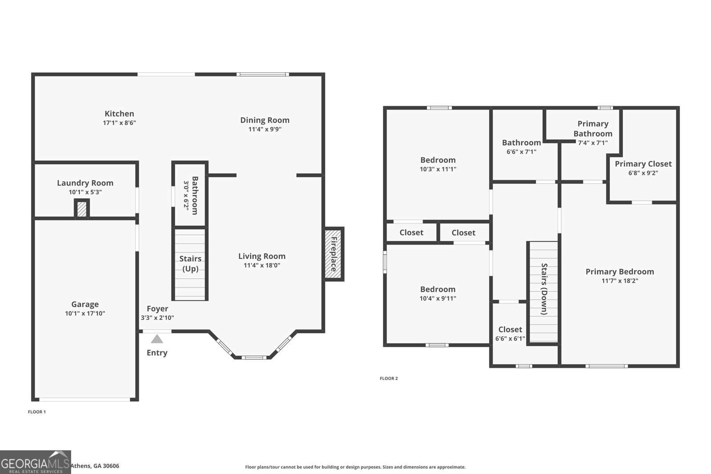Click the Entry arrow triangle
pyautogui.click(x=157, y=339)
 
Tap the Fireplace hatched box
pyautogui.click(x=334, y=254)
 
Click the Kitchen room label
pyautogui.click(x=120, y=114)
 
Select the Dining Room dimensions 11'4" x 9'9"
pyautogui.click(x=265, y=129)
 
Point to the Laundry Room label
pyautogui.click(x=85, y=183)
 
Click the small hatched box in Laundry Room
pyautogui.click(x=82, y=208)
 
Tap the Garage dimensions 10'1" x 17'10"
pyautogui.click(x=85, y=314)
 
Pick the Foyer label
pyautogui.click(x=157, y=309)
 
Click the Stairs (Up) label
pyautogui.click(x=190, y=263)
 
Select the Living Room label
pyautogui.click(x=262, y=256)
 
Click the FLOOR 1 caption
pyautogui.click(x=37, y=412)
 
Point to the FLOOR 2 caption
pyautogui.click(x=389, y=378)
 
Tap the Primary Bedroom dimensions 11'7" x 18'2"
pyautogui.click(x=620, y=281)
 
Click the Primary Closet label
pyautogui.click(x=643, y=164)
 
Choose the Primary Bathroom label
pyautogui.click(x=593, y=128)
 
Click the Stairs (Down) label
pyautogui.click(x=544, y=289)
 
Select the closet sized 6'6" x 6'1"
pyautogui.click(x=510, y=334)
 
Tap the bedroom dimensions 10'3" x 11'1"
pyautogui.click(x=438, y=169)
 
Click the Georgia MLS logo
pyautogui.click(x=35, y=462)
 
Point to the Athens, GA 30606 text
pyautogui.click(x=95, y=466)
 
